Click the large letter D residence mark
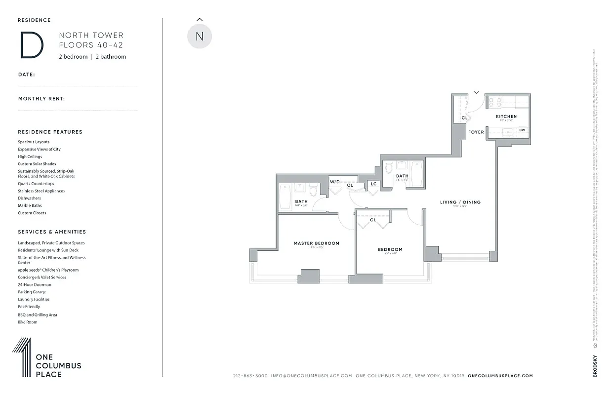click(x=32, y=45)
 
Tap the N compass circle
click(x=200, y=37)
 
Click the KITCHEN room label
click(x=506, y=117)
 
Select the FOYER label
click(x=476, y=132)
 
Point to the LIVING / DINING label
click(x=460, y=202)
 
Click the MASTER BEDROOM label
click(x=317, y=243)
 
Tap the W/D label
click(x=335, y=182)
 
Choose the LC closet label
click(x=373, y=184)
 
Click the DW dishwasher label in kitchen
click(x=522, y=130)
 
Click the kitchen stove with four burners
click(x=495, y=102)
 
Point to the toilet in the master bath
click(x=314, y=191)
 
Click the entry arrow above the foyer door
click(x=477, y=92)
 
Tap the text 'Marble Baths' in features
click(x=30, y=206)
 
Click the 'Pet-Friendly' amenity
click(x=29, y=307)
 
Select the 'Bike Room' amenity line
click(x=28, y=322)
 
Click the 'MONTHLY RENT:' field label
click(x=41, y=99)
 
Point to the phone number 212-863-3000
click(x=250, y=376)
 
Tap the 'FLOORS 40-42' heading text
click(x=91, y=45)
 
